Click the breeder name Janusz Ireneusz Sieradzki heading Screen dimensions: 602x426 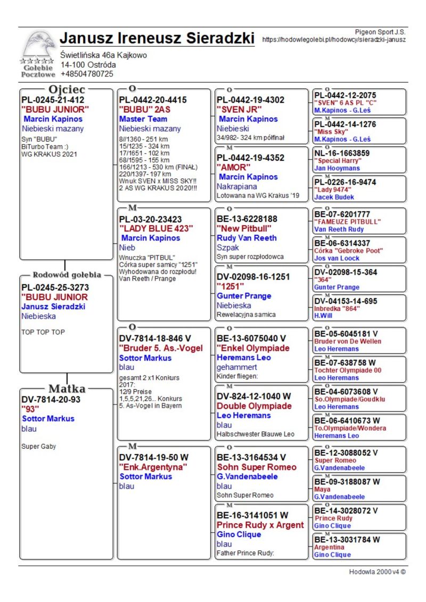click(157, 38)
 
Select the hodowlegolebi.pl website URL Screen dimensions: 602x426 click(334, 39)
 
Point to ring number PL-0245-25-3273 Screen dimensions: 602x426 click(55, 287)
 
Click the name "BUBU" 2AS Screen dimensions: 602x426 click(145, 109)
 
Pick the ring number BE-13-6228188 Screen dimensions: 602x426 click(247, 219)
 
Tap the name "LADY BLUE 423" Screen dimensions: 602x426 click(156, 228)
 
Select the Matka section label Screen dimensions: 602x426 click(67, 388)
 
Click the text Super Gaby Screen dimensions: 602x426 click(39, 446)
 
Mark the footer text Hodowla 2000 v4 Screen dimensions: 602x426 click(377, 572)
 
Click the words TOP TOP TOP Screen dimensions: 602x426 click(43, 332)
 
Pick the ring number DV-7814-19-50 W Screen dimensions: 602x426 click(154, 457)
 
